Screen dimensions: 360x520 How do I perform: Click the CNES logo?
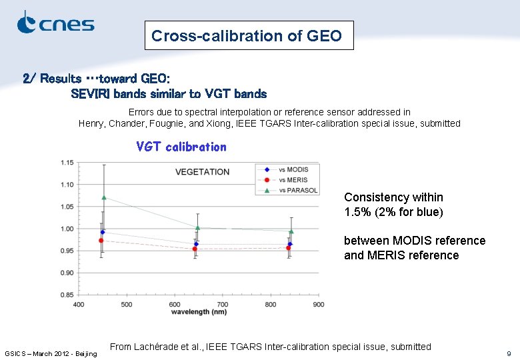[x=55, y=23]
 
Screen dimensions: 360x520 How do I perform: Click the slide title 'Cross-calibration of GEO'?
[x=247, y=36]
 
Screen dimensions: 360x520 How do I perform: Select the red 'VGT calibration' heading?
[x=181, y=147]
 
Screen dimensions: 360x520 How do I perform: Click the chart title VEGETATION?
[x=202, y=171]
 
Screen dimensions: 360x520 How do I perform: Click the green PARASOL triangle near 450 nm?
[x=103, y=197]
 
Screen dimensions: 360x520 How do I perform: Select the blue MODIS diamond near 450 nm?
[x=103, y=232]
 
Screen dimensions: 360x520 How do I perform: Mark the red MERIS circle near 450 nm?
[x=101, y=241]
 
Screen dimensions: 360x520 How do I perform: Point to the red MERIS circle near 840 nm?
[x=288, y=248]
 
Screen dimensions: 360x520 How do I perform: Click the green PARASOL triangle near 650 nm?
[x=197, y=228]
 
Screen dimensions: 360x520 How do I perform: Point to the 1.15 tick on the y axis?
[x=67, y=163]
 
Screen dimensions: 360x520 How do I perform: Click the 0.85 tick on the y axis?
[x=67, y=295]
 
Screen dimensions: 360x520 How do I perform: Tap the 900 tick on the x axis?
[x=318, y=305]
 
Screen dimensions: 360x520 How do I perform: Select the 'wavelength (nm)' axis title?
[x=198, y=311]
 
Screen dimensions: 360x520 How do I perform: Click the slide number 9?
[x=509, y=353]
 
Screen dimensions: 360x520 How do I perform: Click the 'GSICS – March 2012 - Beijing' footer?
[x=51, y=353]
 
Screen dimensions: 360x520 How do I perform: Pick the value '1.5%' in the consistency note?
[x=358, y=212]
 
